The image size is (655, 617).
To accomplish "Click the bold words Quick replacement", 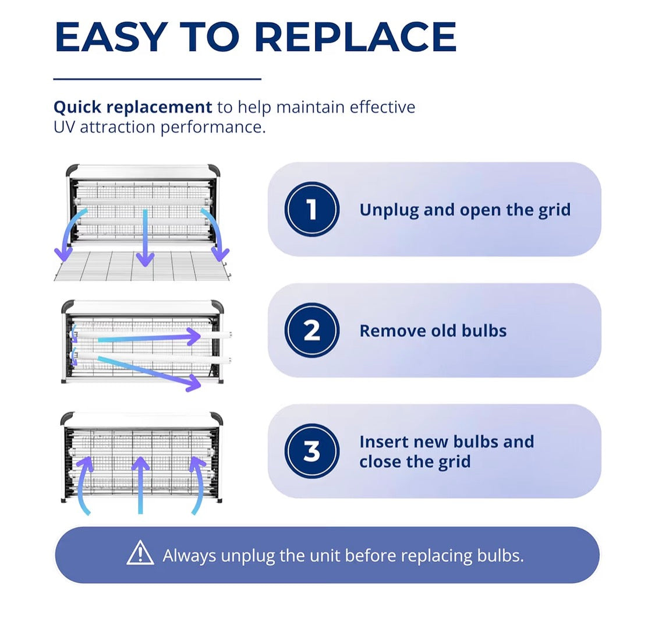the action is (133, 107).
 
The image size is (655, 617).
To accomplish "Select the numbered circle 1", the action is (311, 209).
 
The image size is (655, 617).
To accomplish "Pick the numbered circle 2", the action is (311, 330).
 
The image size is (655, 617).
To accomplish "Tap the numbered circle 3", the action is (311, 451).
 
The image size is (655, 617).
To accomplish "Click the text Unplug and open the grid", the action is (465, 210).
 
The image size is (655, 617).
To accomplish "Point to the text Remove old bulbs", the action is (433, 331).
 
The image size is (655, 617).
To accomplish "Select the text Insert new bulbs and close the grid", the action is (447, 452).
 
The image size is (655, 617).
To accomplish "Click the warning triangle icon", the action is (140, 553).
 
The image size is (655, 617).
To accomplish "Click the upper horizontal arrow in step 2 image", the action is (149, 338).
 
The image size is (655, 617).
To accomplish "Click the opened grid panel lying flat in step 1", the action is (142, 266).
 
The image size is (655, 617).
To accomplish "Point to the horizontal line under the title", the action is (157, 79).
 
